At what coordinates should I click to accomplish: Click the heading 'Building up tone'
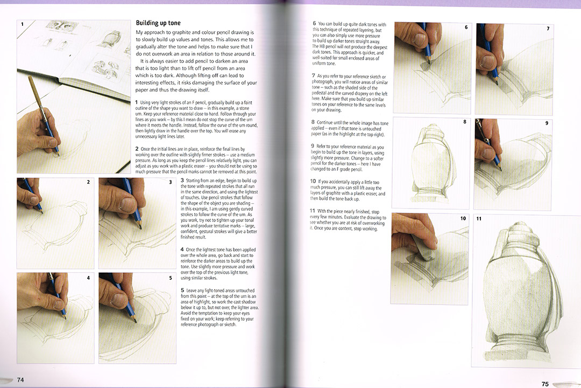pyautogui.click(x=158, y=23)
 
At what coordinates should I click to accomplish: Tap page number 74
pyautogui.click(x=20, y=379)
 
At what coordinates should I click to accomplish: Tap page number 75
pyautogui.click(x=544, y=384)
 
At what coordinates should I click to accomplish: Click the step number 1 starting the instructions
pyautogui.click(x=136, y=102)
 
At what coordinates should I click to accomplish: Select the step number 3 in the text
pyautogui.click(x=182, y=180)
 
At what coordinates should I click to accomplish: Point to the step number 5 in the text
pyautogui.click(x=182, y=290)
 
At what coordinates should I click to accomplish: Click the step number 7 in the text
pyautogui.click(x=313, y=76)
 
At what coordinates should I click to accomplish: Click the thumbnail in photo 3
pyautogui.click(x=124, y=204)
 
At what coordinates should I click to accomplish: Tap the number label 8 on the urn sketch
pyautogui.click(x=464, y=122)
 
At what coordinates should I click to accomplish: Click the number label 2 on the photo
pyautogui.click(x=88, y=183)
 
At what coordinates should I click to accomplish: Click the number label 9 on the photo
pyautogui.click(x=547, y=123)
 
